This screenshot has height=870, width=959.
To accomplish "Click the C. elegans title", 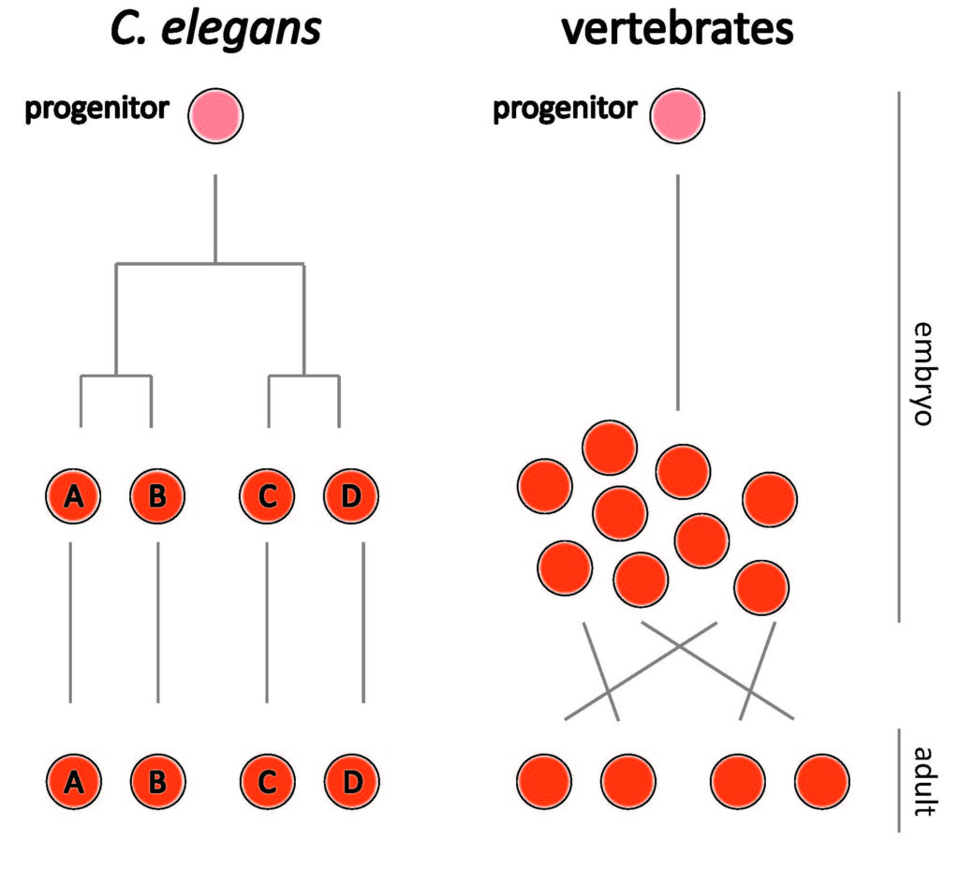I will click(x=215, y=30).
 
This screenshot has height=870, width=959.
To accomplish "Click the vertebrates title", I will click(x=677, y=30).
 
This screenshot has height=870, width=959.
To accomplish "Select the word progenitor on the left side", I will click(x=97, y=109).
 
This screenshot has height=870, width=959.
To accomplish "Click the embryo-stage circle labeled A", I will click(x=72, y=497).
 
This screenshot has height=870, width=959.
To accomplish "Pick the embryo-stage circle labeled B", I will click(x=157, y=497).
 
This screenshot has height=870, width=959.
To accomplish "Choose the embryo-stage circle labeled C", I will click(x=268, y=497).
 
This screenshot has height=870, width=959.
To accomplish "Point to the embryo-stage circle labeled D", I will click(x=351, y=497).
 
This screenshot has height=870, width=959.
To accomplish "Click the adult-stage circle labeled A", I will click(x=72, y=779).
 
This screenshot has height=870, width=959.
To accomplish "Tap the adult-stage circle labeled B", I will click(x=157, y=779).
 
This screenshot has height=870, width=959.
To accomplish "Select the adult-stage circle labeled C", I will click(x=268, y=779).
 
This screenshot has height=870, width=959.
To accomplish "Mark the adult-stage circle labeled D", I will click(x=351, y=779).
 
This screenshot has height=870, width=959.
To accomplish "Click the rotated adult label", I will click(x=922, y=780).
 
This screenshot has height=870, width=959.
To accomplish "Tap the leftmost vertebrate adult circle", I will click(x=544, y=779).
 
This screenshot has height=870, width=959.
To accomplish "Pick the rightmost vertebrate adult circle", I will click(x=822, y=779).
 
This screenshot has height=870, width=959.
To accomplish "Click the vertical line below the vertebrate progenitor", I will click(x=677, y=290).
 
